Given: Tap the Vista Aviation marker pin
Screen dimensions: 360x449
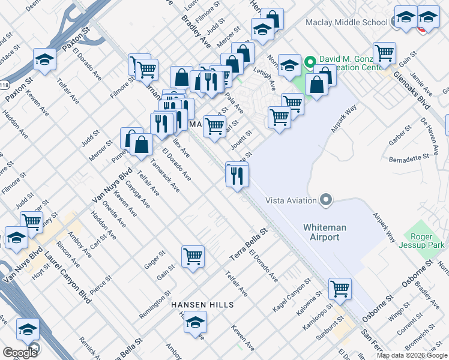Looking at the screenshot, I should click(326, 199).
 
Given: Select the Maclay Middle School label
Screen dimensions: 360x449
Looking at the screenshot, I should click(347, 23).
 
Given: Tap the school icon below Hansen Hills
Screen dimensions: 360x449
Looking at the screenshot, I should click(195, 325).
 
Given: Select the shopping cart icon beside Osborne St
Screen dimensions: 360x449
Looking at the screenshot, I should click(340, 289).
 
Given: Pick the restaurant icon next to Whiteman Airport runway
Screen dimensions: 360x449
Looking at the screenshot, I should click(237, 175).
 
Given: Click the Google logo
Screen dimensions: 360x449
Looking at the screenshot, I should click(20, 352).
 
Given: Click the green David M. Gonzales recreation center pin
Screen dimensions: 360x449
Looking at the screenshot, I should click(310, 61).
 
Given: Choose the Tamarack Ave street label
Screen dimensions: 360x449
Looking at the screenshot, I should click(165, 175).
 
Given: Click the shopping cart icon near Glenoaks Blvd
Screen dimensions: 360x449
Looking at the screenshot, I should click(384, 53).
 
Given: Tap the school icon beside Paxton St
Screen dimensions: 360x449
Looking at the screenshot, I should click(44, 59).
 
